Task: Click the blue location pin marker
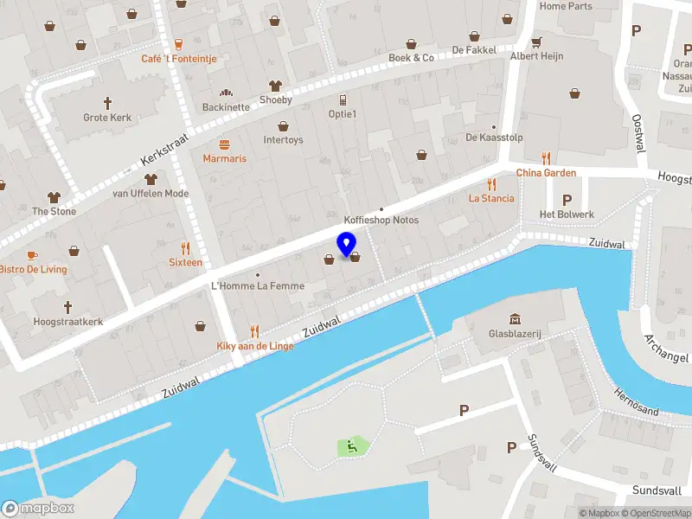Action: [346, 244]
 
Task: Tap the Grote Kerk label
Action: [107, 117]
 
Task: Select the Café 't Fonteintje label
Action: [179, 59]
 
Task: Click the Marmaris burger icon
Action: [225, 144]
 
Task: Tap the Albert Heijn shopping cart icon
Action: [536, 42]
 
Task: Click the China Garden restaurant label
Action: [546, 172]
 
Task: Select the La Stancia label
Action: [491, 198]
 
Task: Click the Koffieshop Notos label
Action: [381, 220]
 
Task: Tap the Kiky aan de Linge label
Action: [254, 346]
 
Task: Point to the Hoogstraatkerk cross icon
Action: [67, 307]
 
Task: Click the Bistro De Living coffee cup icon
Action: [32, 255]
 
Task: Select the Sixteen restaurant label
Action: [185, 262]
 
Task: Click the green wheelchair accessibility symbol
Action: [352, 446]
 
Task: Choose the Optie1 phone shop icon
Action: [343, 100]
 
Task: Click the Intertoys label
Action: [283, 140]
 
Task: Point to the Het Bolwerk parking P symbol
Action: [567, 200]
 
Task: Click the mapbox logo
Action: [38, 508]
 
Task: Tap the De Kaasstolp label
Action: [495, 137]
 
